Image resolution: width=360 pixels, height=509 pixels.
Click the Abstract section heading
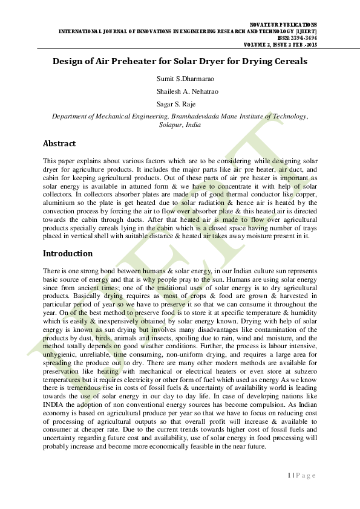click(59, 144)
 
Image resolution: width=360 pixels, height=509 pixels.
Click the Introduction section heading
click(68, 253)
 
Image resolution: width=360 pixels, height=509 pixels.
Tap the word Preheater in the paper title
click(133, 62)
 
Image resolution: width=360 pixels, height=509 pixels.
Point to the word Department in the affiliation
click(70, 115)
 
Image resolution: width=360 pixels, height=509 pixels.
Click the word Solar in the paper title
click(187, 62)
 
